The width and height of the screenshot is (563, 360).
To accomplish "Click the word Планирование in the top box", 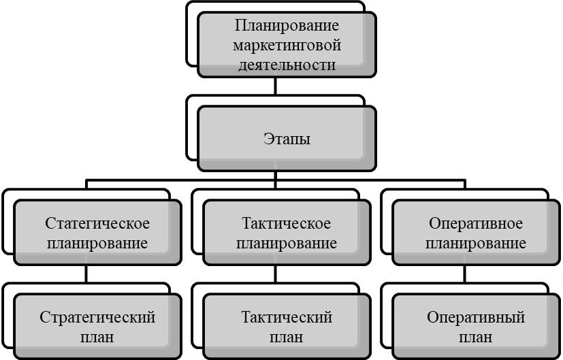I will coord(287,27).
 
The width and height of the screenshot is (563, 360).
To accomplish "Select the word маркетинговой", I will coord(287,46).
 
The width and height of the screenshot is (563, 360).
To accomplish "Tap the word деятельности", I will coord(287,65).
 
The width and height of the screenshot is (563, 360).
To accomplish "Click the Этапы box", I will coord(287,139).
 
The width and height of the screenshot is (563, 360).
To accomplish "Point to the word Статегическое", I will coord(98,224).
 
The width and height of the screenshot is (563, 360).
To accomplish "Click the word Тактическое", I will coord(287,224).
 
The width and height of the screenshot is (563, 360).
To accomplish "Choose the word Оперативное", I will coord(477,224).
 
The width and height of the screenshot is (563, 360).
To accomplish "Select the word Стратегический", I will coord(98,318).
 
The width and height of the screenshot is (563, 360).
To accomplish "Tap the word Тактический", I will coord(287,318).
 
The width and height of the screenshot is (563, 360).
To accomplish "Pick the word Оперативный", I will coord(477,318).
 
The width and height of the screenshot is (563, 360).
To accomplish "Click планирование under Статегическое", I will coord(98,243).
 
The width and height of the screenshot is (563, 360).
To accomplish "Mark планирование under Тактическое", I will coord(287,243).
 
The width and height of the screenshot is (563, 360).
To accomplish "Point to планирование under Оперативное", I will coord(477,243).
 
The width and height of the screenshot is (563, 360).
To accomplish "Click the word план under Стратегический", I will coord(98,337).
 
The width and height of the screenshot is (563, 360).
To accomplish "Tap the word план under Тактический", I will coord(287,337).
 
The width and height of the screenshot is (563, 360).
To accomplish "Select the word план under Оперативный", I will coord(477,337).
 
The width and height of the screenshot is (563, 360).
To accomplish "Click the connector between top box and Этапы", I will coord(274,86).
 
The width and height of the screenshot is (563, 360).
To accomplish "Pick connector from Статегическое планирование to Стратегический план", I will coord(86,274).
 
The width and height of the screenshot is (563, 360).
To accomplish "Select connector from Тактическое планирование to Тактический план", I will coord(275,274).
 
